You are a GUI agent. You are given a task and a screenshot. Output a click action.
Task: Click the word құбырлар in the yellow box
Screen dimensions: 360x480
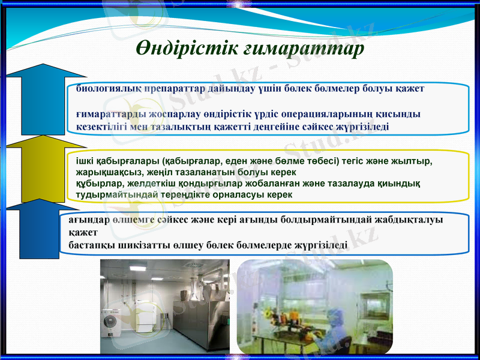[91, 184]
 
